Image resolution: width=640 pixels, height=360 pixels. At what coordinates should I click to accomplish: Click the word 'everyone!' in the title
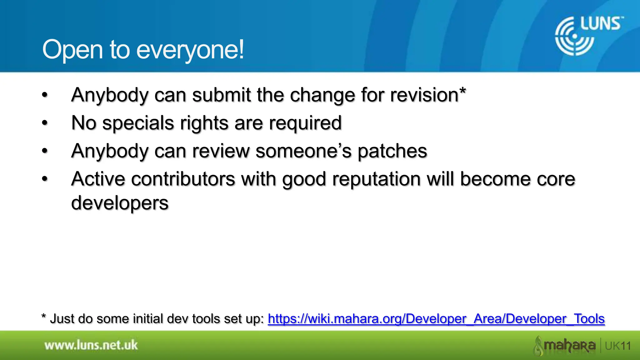(190, 50)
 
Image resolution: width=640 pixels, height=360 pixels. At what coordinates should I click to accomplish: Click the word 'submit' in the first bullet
(221, 95)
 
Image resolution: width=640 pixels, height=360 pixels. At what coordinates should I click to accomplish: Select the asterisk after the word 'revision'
(462, 92)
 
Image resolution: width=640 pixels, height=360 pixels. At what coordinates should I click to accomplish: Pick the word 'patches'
(392, 151)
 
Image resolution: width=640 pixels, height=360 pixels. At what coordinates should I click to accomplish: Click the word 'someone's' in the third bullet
(303, 151)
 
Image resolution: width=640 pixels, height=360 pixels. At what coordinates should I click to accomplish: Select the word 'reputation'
(376, 179)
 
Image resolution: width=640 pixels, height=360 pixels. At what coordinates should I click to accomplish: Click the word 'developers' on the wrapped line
(120, 203)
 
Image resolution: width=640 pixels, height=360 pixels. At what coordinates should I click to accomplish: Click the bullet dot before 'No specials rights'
(45, 123)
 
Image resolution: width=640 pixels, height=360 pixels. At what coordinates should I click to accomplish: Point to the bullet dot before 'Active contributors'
(45, 179)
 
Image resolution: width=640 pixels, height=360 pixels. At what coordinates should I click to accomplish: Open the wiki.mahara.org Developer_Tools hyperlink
(436, 319)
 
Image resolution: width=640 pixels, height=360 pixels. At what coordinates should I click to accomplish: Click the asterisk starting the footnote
(44, 317)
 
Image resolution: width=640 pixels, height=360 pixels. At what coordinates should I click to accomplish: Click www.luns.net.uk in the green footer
(91, 345)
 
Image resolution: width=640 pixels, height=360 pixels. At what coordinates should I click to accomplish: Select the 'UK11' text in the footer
(618, 346)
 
